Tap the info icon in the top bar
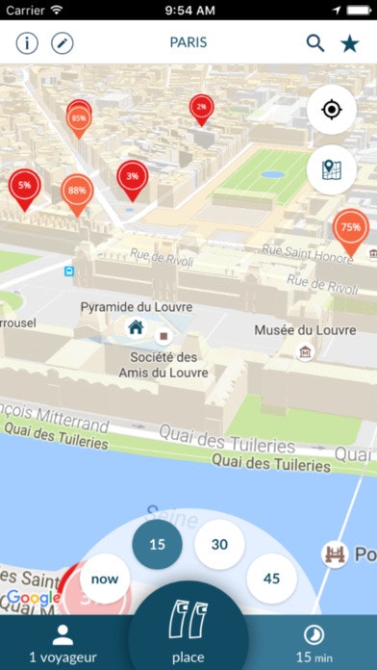click(x=27, y=43)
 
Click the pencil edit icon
click(x=63, y=43)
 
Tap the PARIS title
click(x=188, y=43)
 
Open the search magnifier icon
click(x=315, y=43)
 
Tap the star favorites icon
click(x=350, y=43)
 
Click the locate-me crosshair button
click(x=332, y=110)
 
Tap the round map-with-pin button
click(x=332, y=169)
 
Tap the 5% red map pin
click(x=24, y=186)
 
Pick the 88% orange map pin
click(x=77, y=192)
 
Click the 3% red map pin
click(x=132, y=177)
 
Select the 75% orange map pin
click(x=350, y=229)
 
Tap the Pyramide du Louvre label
click(x=136, y=307)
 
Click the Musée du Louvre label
click(x=305, y=330)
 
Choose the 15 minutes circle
click(x=157, y=545)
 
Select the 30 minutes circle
click(x=219, y=545)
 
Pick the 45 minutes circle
click(x=271, y=580)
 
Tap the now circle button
click(x=105, y=580)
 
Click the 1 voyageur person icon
click(x=63, y=635)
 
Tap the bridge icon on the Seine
click(x=335, y=554)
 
